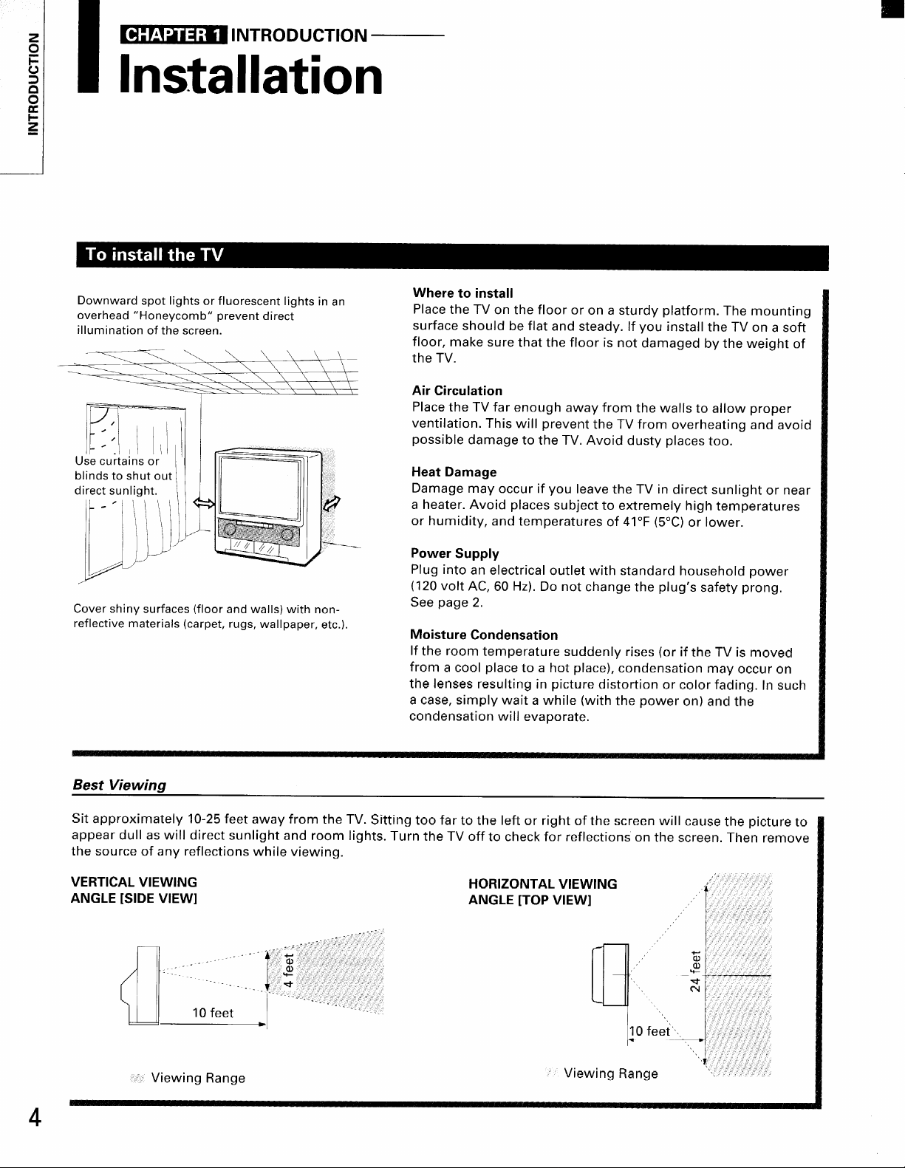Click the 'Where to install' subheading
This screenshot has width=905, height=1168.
(x=462, y=293)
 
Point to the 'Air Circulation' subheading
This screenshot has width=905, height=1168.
(x=457, y=391)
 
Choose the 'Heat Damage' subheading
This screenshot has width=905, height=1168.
(x=454, y=472)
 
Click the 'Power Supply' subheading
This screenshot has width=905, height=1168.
(x=454, y=553)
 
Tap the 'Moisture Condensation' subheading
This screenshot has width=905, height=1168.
(x=484, y=635)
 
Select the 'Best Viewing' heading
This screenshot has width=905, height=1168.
(x=117, y=785)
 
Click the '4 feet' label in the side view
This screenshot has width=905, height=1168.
(x=291, y=967)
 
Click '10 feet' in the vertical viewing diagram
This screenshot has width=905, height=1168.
(x=212, y=1013)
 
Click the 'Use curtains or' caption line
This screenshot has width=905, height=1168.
(x=117, y=462)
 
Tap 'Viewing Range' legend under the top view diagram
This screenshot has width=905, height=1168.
(x=610, y=1073)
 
